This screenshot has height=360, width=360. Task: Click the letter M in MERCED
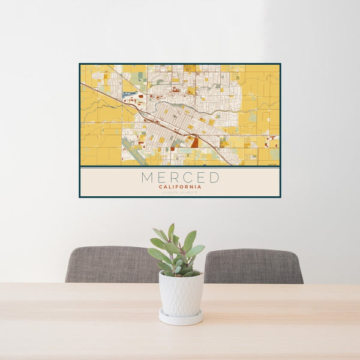(148, 178)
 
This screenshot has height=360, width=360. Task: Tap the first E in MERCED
(163, 178)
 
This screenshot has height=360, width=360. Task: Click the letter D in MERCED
(214, 178)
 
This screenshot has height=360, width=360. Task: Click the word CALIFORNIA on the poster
(180, 187)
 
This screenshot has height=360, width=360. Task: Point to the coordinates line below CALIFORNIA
(180, 192)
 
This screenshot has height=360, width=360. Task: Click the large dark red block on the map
(194, 142)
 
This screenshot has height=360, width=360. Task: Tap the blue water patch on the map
(126, 94)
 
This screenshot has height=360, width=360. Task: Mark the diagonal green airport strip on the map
(136, 154)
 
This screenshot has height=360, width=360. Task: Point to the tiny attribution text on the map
(273, 163)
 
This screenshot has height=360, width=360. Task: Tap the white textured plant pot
(181, 293)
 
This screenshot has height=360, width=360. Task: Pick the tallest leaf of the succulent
(171, 232)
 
